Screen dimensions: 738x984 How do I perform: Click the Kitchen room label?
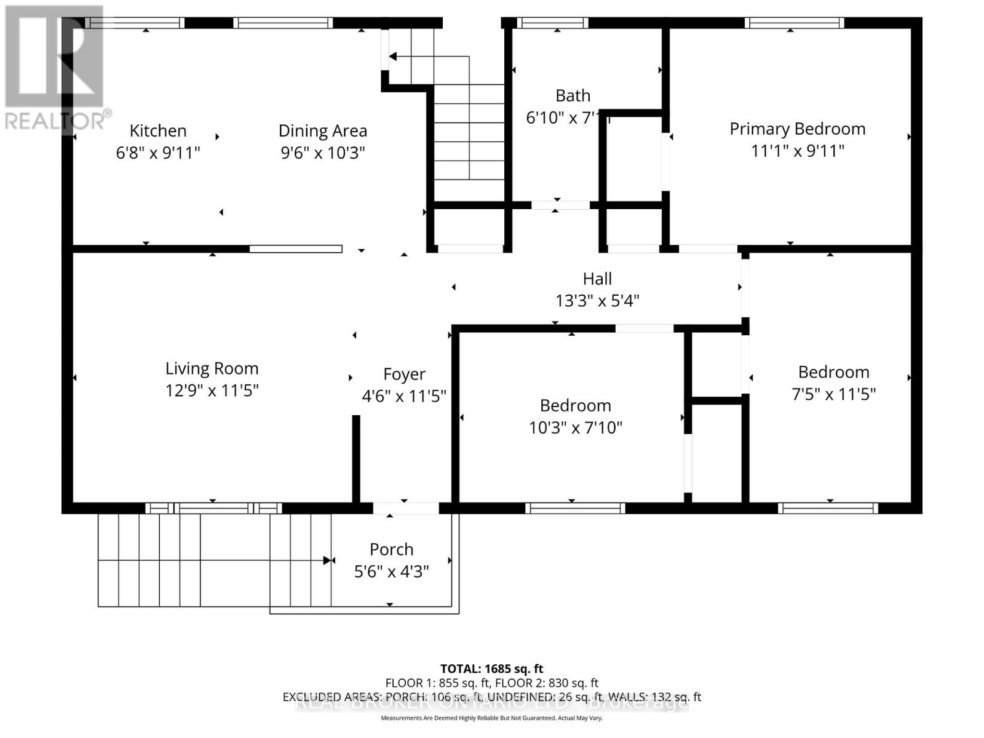coord(158,131)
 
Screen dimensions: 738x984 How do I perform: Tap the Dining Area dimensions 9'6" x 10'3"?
coord(323,153)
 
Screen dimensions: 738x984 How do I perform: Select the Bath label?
coord(573,96)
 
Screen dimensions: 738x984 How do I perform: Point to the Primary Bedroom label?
coord(797,129)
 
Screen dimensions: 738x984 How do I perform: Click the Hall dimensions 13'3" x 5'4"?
coord(597,301)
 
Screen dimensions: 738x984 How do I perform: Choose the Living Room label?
coord(212,368)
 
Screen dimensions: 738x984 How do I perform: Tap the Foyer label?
coord(404,375)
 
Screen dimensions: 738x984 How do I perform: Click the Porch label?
coord(391,549)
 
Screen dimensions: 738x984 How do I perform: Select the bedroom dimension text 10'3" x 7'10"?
coord(576,427)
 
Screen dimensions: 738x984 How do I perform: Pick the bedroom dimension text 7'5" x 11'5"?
coord(833,394)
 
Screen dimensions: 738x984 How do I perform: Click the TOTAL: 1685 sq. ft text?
coord(491,669)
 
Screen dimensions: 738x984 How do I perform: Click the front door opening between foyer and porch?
coord(406,508)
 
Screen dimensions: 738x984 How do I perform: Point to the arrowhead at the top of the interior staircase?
coord(392,57)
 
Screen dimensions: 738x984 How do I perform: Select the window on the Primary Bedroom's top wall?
coord(794,23)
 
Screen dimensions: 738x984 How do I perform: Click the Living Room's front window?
coord(213,508)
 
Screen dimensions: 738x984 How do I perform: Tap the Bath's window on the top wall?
coord(552,23)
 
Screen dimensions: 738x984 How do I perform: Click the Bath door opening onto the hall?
coord(560,205)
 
